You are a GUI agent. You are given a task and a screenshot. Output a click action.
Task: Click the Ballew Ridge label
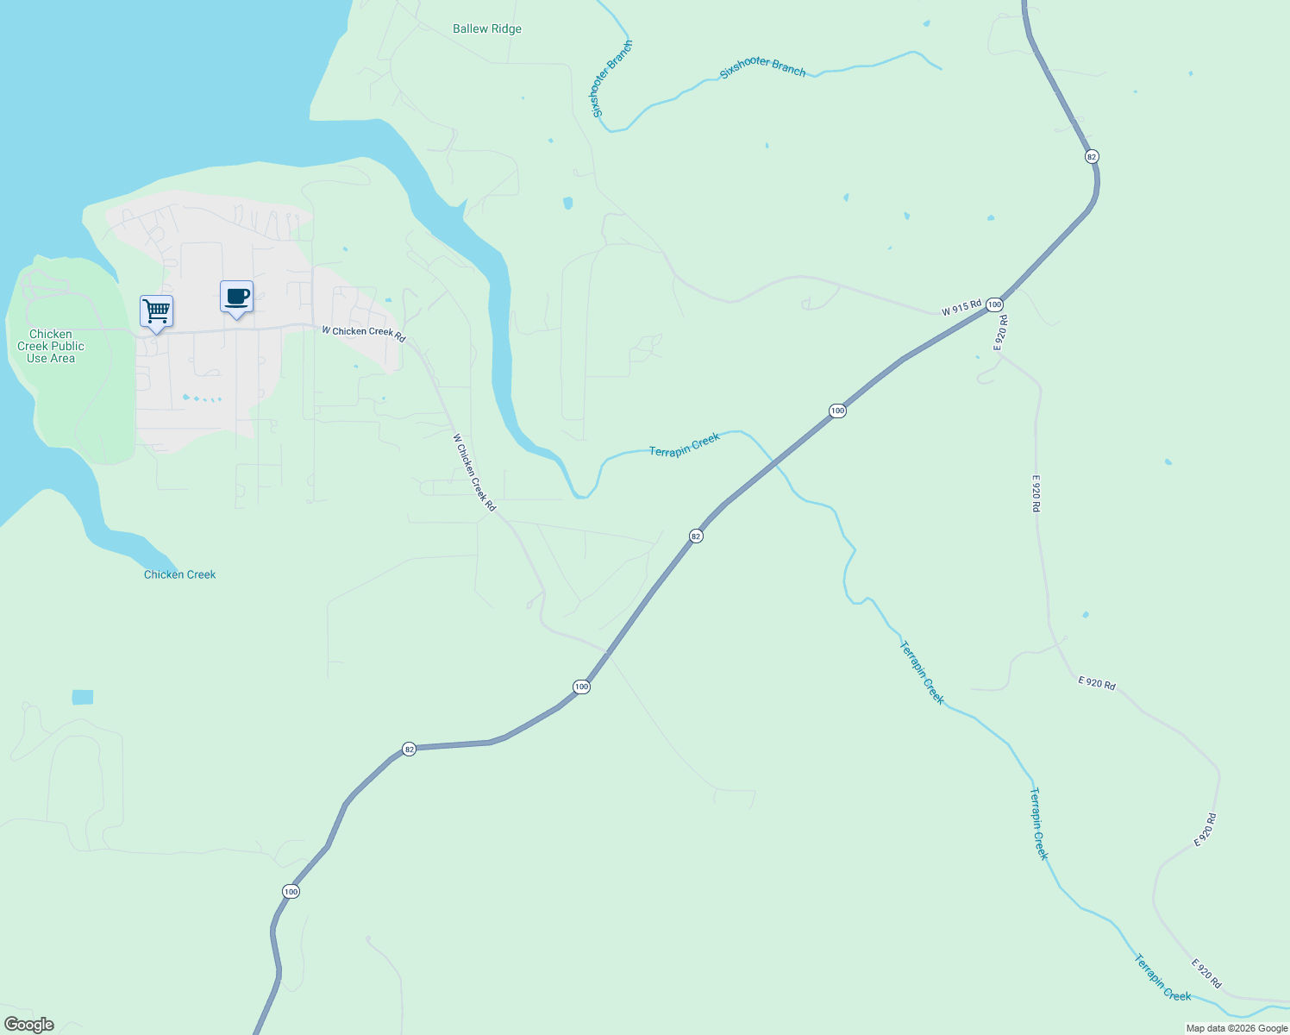click(487, 28)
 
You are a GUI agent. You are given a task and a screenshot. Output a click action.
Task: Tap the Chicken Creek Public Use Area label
click(51, 346)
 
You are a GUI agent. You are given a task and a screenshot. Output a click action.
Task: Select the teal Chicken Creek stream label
click(179, 574)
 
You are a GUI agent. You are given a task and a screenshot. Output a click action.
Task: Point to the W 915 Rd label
click(961, 308)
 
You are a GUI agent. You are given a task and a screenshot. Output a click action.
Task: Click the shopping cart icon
click(156, 310)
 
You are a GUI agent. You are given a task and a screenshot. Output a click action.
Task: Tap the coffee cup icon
click(236, 297)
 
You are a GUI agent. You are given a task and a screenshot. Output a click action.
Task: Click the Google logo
click(29, 1025)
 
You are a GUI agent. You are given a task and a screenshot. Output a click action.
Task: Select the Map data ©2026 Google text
click(1237, 1028)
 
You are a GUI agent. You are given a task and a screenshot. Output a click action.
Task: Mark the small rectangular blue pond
click(83, 697)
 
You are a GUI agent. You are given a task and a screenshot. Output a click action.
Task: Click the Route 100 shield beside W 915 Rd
click(994, 304)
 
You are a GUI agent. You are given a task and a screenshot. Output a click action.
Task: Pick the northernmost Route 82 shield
click(1092, 156)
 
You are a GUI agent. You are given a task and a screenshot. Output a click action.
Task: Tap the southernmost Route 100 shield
click(291, 891)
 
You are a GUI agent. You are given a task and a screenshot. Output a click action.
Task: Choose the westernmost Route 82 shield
click(410, 749)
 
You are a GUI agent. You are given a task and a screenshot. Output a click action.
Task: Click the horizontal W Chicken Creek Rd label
click(364, 333)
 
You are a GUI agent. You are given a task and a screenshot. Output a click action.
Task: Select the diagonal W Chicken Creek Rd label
click(474, 473)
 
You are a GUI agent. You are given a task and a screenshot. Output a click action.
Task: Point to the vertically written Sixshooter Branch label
click(611, 79)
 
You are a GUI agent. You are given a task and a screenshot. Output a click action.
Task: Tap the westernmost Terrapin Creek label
click(685, 445)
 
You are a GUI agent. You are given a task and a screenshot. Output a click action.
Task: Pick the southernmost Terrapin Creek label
click(1162, 977)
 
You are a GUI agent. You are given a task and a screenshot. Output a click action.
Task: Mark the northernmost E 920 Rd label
click(1000, 332)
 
